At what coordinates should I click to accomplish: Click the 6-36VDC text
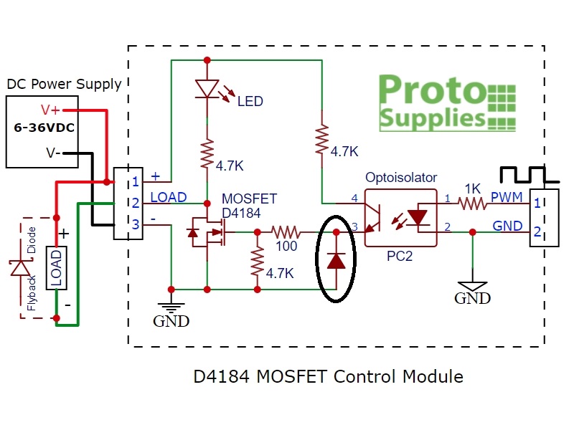pos(44,130)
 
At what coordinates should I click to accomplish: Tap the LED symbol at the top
pos(207,88)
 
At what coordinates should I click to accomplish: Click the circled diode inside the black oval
pos(337,259)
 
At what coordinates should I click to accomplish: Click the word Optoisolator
pos(401,177)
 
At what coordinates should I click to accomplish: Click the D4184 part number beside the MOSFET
pos(243,212)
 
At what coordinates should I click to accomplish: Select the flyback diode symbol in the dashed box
pos(19,268)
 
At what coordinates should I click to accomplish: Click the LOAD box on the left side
pos(56,267)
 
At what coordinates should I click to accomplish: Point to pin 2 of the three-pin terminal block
pos(134,203)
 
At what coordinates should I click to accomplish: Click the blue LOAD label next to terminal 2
pos(169,197)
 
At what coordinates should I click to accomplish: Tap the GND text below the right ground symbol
pos(472,297)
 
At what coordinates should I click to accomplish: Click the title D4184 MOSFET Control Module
pos(328,376)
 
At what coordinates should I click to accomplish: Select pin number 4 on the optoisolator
pos(354,197)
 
